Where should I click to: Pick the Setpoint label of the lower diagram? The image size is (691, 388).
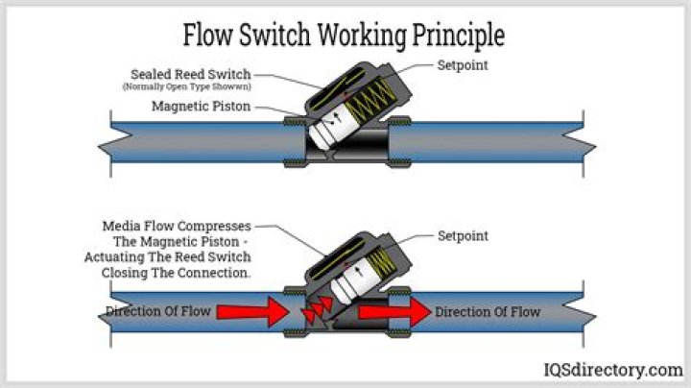click(x=464, y=235)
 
